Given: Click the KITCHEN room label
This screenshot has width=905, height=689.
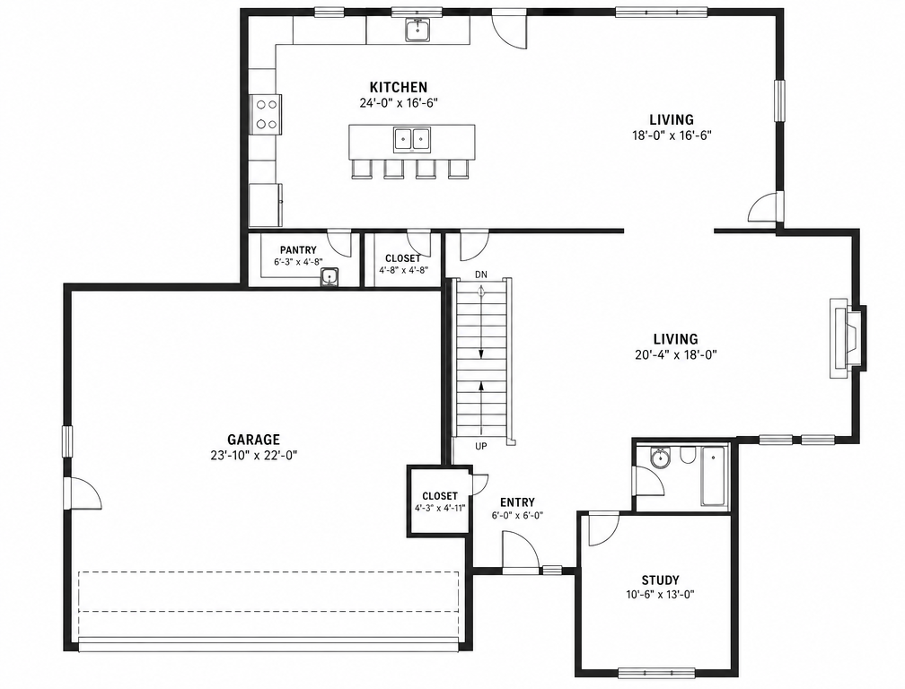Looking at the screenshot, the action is pyautogui.click(x=399, y=88).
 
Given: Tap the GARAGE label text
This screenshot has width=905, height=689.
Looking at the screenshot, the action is pyautogui.click(x=253, y=440).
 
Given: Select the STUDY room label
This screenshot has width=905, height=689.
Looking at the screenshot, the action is pyautogui.click(x=660, y=580).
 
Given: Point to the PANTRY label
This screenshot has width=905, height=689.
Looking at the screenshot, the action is pyautogui.click(x=298, y=250).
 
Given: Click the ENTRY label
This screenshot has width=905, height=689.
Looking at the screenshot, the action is pyautogui.click(x=517, y=502).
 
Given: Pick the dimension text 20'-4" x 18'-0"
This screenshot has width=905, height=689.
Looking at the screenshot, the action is pyautogui.click(x=675, y=354).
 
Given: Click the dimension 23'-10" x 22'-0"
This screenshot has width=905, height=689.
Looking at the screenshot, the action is pyautogui.click(x=253, y=456).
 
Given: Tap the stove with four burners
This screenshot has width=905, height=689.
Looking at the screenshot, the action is pyautogui.click(x=266, y=114).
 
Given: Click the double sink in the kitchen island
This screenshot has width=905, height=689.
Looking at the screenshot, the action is pyautogui.click(x=412, y=139).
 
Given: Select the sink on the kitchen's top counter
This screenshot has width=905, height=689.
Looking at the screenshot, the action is pyautogui.click(x=417, y=30).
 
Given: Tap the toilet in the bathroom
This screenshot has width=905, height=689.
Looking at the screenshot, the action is pyautogui.click(x=687, y=456).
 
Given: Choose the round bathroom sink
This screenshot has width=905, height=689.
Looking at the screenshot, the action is pyautogui.click(x=659, y=458).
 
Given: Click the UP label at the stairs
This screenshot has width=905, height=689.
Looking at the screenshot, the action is pyautogui.click(x=481, y=446).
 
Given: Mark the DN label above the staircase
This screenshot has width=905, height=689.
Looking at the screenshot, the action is pyautogui.click(x=481, y=275).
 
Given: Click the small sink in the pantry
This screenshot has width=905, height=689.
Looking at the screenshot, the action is pyautogui.click(x=329, y=278).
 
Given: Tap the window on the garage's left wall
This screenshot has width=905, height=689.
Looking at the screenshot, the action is pyautogui.click(x=67, y=441).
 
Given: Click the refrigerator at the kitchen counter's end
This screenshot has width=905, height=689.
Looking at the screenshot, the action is pyautogui.click(x=266, y=205).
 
